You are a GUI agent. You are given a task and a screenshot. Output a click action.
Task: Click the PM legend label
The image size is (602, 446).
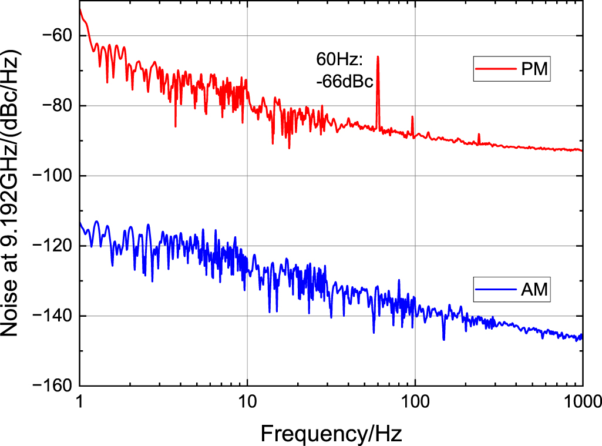(535, 70)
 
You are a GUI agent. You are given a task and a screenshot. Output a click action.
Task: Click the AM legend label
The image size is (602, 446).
(535, 290)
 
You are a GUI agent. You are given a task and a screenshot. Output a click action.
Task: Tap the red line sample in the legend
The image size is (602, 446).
(495, 70)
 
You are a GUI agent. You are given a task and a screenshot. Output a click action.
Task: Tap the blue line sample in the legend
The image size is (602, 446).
(495, 290)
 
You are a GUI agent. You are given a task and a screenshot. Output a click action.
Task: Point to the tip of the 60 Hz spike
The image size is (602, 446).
(378, 57)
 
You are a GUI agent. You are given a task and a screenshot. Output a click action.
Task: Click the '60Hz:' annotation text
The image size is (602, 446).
(340, 59)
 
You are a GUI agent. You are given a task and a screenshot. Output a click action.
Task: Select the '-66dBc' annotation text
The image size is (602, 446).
(344, 81)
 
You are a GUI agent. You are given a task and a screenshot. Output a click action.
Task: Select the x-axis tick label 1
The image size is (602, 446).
(79, 403)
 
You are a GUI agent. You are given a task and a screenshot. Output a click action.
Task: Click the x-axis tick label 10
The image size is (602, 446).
(247, 403)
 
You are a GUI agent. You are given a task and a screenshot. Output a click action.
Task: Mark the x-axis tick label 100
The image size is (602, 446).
(415, 403)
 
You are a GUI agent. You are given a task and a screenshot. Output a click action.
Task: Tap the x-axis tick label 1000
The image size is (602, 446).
(581, 403)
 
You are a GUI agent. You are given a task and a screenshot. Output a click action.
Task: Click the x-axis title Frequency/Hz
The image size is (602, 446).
(331, 434)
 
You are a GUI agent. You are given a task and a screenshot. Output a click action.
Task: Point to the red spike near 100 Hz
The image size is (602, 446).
(412, 118)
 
